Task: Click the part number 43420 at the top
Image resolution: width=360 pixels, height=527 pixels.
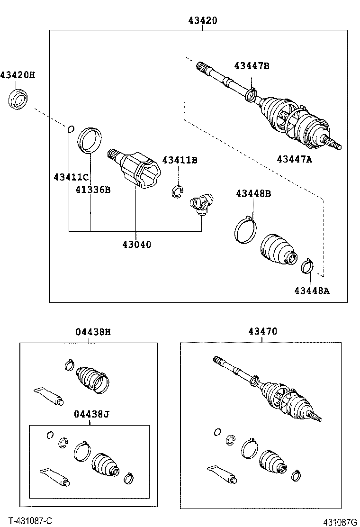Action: (202, 20)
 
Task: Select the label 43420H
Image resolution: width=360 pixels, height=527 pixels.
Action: (18, 75)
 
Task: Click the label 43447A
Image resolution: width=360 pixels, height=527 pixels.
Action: (295, 159)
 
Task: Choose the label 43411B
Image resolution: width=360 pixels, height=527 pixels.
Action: (180, 160)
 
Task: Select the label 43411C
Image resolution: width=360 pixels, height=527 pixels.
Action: (71, 177)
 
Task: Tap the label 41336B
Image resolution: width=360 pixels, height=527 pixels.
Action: (93, 190)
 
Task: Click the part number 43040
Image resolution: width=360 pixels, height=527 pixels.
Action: (137, 245)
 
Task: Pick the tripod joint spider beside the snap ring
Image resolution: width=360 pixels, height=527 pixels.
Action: (201, 204)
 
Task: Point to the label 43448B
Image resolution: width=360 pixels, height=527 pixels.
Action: (253, 193)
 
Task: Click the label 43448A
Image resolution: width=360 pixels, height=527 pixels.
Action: (311, 290)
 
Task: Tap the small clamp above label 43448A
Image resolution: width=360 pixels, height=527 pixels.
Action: (307, 266)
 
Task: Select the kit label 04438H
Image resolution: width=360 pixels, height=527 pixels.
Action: (93, 332)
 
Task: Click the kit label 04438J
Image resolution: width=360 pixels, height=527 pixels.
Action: (91, 414)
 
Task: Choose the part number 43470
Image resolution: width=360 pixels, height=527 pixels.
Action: (262, 332)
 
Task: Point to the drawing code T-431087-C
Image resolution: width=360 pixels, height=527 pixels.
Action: (30, 521)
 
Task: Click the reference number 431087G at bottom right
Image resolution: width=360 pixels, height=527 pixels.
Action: (340, 522)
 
